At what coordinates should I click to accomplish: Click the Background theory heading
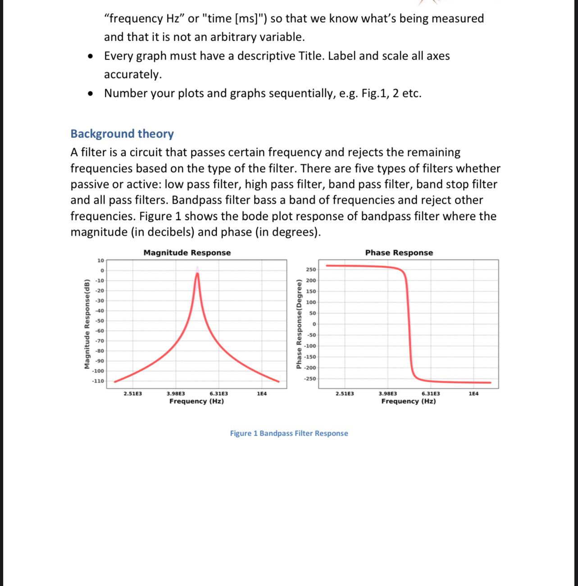(x=122, y=134)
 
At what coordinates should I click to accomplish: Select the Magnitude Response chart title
(x=187, y=253)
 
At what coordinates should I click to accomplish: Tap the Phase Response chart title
(x=399, y=253)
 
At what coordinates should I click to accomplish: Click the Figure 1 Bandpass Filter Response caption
(x=289, y=433)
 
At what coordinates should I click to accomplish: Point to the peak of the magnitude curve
(x=196, y=274)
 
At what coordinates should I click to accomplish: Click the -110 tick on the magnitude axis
(x=98, y=381)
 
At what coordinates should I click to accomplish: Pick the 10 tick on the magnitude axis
(x=100, y=260)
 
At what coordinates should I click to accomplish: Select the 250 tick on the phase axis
(x=311, y=270)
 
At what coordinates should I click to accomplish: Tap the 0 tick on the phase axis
(x=314, y=324)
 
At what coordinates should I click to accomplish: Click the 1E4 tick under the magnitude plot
(x=261, y=394)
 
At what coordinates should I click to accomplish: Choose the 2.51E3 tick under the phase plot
(x=345, y=394)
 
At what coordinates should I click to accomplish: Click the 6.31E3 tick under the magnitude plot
(x=218, y=394)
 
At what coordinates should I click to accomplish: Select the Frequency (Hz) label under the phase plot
(x=408, y=401)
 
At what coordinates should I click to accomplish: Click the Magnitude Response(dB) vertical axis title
(x=86, y=324)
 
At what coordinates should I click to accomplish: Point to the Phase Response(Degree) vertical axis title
(x=298, y=324)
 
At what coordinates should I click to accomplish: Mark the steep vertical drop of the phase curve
(x=410, y=324)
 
